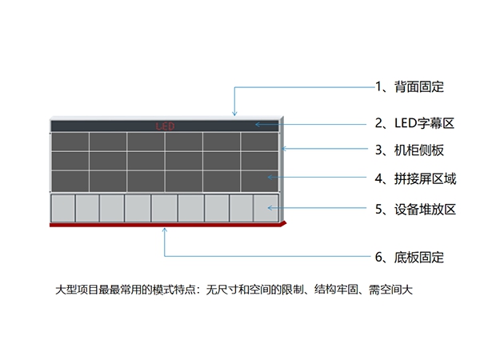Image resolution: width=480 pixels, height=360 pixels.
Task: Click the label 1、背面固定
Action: point(409,86)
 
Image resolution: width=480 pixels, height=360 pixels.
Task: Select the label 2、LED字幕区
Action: point(414,124)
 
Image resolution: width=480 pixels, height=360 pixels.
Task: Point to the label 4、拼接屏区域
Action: point(414,178)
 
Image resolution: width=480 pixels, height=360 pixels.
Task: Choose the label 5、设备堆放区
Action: point(414,210)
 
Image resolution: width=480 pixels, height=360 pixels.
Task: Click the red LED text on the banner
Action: point(165,126)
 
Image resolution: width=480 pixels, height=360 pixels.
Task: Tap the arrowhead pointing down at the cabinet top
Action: point(234,115)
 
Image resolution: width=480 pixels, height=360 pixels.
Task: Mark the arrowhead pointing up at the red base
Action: point(165,230)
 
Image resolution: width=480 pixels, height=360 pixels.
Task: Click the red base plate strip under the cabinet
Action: point(160,225)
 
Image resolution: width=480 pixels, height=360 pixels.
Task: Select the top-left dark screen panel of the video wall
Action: point(70,142)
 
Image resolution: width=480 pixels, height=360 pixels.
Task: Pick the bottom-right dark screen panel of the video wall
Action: point(258,180)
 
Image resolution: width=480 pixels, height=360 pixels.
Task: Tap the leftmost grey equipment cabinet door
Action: point(62,208)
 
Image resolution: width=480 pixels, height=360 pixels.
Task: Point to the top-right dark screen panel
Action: point(258,142)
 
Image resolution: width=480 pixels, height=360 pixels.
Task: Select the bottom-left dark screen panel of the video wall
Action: point(70,180)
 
